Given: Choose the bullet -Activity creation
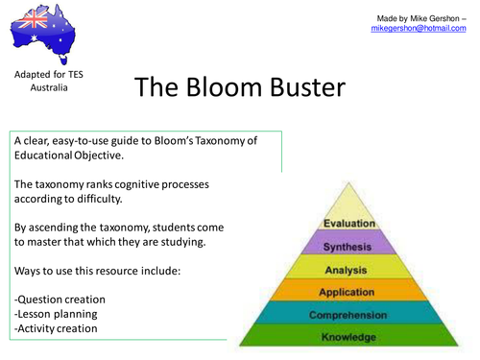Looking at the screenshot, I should click(59, 328).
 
